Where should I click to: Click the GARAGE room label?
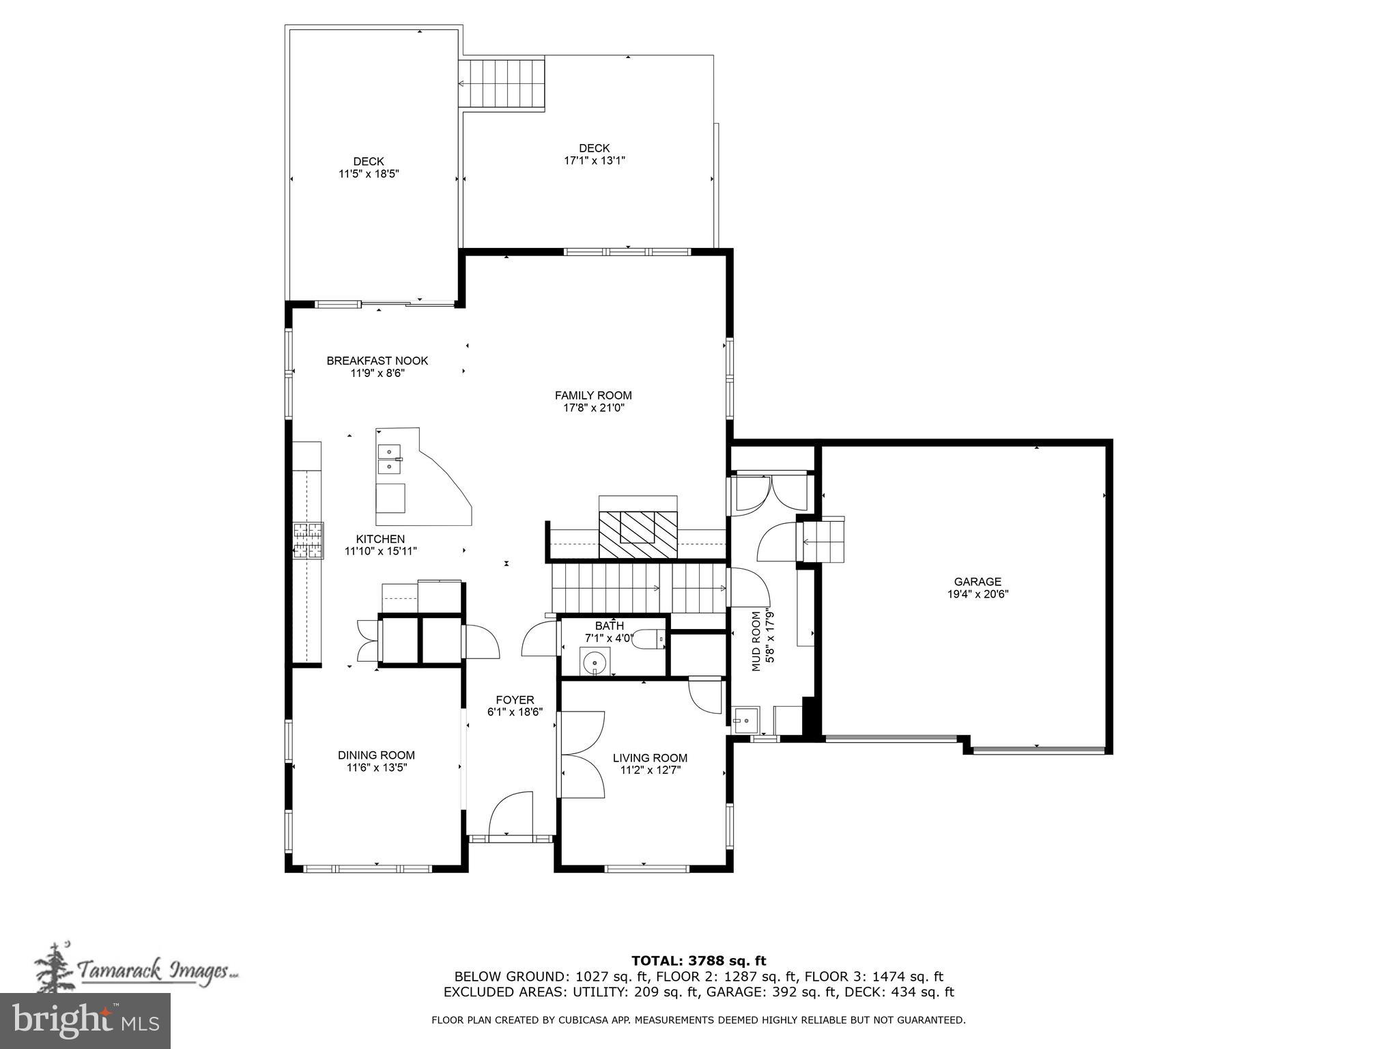click(x=977, y=582)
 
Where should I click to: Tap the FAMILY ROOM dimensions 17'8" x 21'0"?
click(x=593, y=408)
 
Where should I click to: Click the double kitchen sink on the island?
click(x=389, y=459)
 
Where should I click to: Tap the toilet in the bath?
click(x=648, y=641)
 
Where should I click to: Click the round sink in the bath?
click(x=595, y=662)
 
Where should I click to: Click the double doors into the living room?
click(x=581, y=754)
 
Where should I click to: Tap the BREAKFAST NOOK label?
click(x=377, y=361)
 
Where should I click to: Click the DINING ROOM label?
click(x=376, y=755)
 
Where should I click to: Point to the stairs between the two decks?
click(x=501, y=83)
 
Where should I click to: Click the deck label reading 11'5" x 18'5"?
click(x=369, y=174)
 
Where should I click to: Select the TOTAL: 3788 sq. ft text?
click(x=698, y=962)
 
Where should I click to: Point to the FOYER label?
click(x=515, y=699)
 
